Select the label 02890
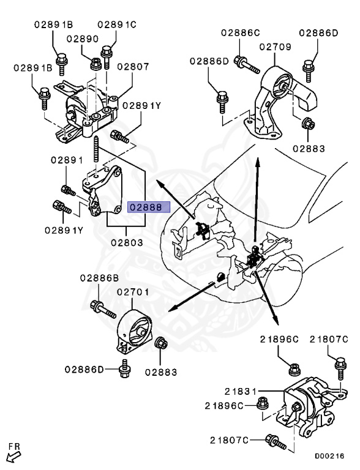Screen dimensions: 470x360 (83, 39)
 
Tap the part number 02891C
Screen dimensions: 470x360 (117, 25)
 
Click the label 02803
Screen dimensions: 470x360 (127, 242)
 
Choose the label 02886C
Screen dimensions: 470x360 (241, 32)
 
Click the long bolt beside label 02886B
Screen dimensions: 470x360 (103, 310)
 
